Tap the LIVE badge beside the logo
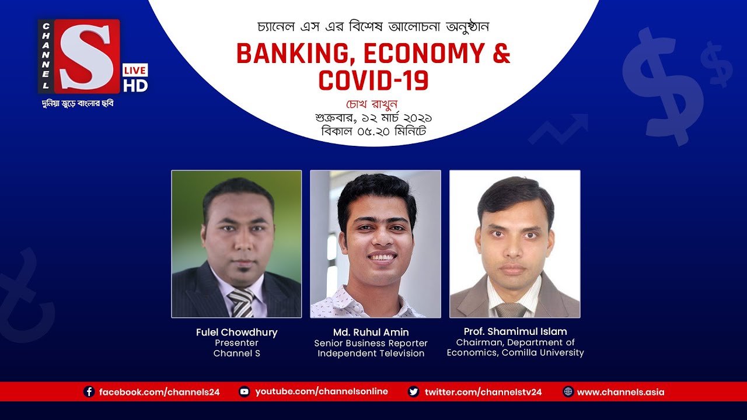tap(135, 70)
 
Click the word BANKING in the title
tap(294, 54)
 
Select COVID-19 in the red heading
tap(373, 80)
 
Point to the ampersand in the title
tap(500, 54)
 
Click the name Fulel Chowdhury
tap(236, 332)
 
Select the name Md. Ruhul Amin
tap(371, 332)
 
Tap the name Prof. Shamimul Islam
tap(515, 331)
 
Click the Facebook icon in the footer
tap(89, 392)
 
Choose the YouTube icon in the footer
tap(245, 392)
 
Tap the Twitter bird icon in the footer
tap(414, 392)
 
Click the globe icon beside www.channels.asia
tap(568, 392)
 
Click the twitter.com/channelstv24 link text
tap(483, 392)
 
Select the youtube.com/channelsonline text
tap(322, 392)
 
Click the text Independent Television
tap(371, 353)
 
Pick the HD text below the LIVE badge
tap(135, 86)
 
